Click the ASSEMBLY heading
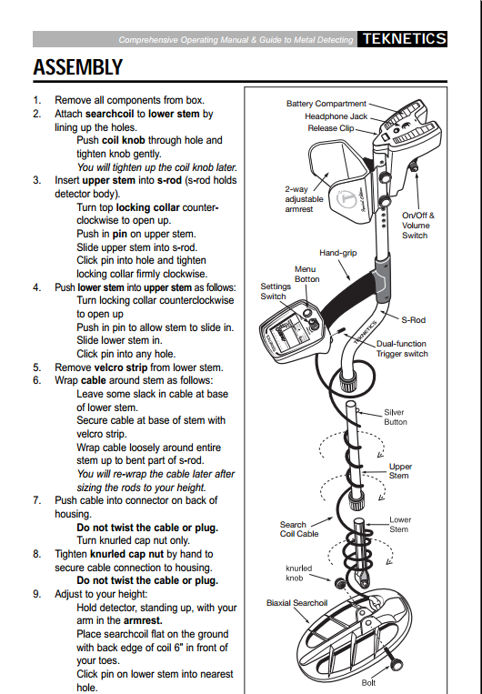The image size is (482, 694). [x=78, y=66]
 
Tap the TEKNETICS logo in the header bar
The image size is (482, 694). [x=404, y=39]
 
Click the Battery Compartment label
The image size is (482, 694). [x=326, y=104]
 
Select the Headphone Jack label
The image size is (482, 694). [x=336, y=116]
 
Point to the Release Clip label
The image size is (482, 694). [x=331, y=128]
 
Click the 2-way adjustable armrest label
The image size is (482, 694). [x=304, y=199]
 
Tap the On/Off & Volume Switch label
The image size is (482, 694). [x=417, y=226]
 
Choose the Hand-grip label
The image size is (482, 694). [x=337, y=253]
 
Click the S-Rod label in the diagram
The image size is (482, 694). [x=413, y=319]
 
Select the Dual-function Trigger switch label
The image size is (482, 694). [x=401, y=348]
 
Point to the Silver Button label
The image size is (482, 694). [x=395, y=417]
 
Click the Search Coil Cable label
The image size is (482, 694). [x=299, y=528]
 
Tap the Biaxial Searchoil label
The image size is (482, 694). [x=296, y=603]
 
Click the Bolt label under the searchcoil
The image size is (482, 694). [x=368, y=683]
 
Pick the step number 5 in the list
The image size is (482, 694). [x=36, y=367]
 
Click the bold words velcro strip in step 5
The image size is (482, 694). [x=121, y=367]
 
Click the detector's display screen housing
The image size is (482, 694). [x=295, y=333]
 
